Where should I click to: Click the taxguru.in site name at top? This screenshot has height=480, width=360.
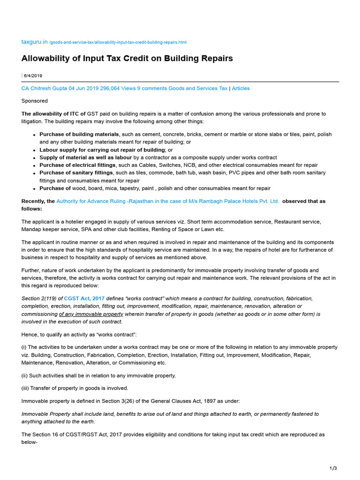click(x=35, y=42)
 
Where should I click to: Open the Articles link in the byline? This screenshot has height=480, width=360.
click(x=241, y=88)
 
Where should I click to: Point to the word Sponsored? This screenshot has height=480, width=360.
click(x=35, y=101)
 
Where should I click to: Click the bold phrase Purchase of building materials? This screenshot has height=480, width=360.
click(x=79, y=134)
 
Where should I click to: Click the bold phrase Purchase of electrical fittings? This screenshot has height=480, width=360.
click(x=77, y=165)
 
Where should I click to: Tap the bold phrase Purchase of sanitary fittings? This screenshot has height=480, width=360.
click(x=76, y=172)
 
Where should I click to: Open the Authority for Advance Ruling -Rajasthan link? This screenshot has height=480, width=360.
click(x=167, y=201)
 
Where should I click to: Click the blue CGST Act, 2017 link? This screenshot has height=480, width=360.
click(x=84, y=298)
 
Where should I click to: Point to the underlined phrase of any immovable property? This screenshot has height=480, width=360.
click(x=91, y=314)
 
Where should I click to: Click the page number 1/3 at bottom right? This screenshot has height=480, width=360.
click(x=333, y=468)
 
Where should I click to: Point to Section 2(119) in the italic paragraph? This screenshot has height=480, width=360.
click(x=39, y=298)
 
